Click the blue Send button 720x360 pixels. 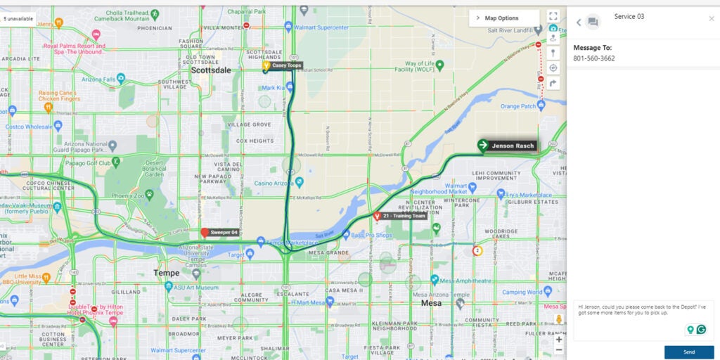coord(688,352)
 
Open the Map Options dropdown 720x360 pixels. coord(501,18)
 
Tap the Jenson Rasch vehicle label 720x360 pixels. coord(513,146)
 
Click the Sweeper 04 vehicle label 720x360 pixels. coord(224,232)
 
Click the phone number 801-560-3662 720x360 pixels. coord(593,58)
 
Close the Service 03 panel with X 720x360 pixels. coord(711,19)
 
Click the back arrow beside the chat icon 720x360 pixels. coord(579,22)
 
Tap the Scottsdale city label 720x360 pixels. coord(211,71)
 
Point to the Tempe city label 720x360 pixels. coord(166,273)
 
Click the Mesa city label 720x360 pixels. coord(431,303)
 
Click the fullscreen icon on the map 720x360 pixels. coord(553,16)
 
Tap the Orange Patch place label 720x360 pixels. coord(518,107)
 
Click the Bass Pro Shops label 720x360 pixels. coord(372,234)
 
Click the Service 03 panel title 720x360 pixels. coord(629,16)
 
